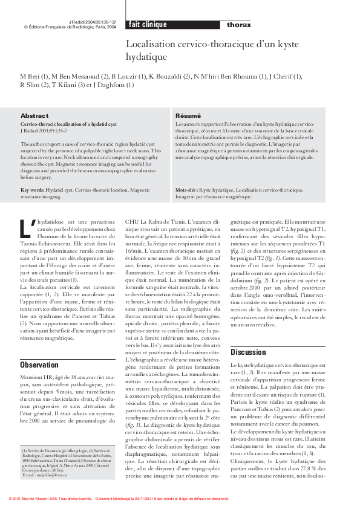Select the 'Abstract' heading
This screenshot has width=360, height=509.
(34, 115)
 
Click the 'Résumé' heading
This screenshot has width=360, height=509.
(188, 115)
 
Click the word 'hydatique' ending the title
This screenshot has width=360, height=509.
(146, 57)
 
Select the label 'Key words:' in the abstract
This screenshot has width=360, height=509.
(33, 190)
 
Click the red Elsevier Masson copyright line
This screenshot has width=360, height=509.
(119, 499)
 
